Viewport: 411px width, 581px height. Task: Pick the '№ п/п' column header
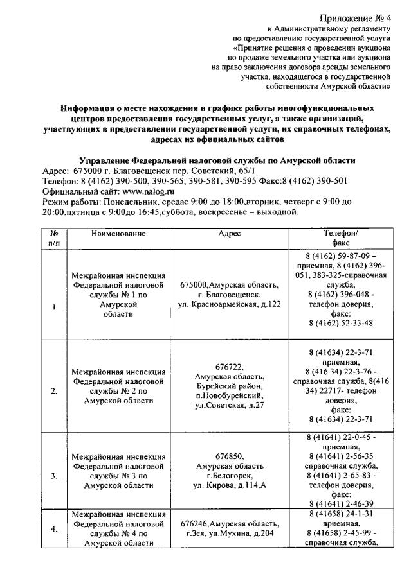click(54, 239)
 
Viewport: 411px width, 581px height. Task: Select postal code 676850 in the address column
click(230, 456)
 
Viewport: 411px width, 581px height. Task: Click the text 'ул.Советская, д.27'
click(230, 405)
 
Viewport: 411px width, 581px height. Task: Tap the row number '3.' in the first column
click(54, 476)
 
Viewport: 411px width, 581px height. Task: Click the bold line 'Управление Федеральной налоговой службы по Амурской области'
click(217, 160)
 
